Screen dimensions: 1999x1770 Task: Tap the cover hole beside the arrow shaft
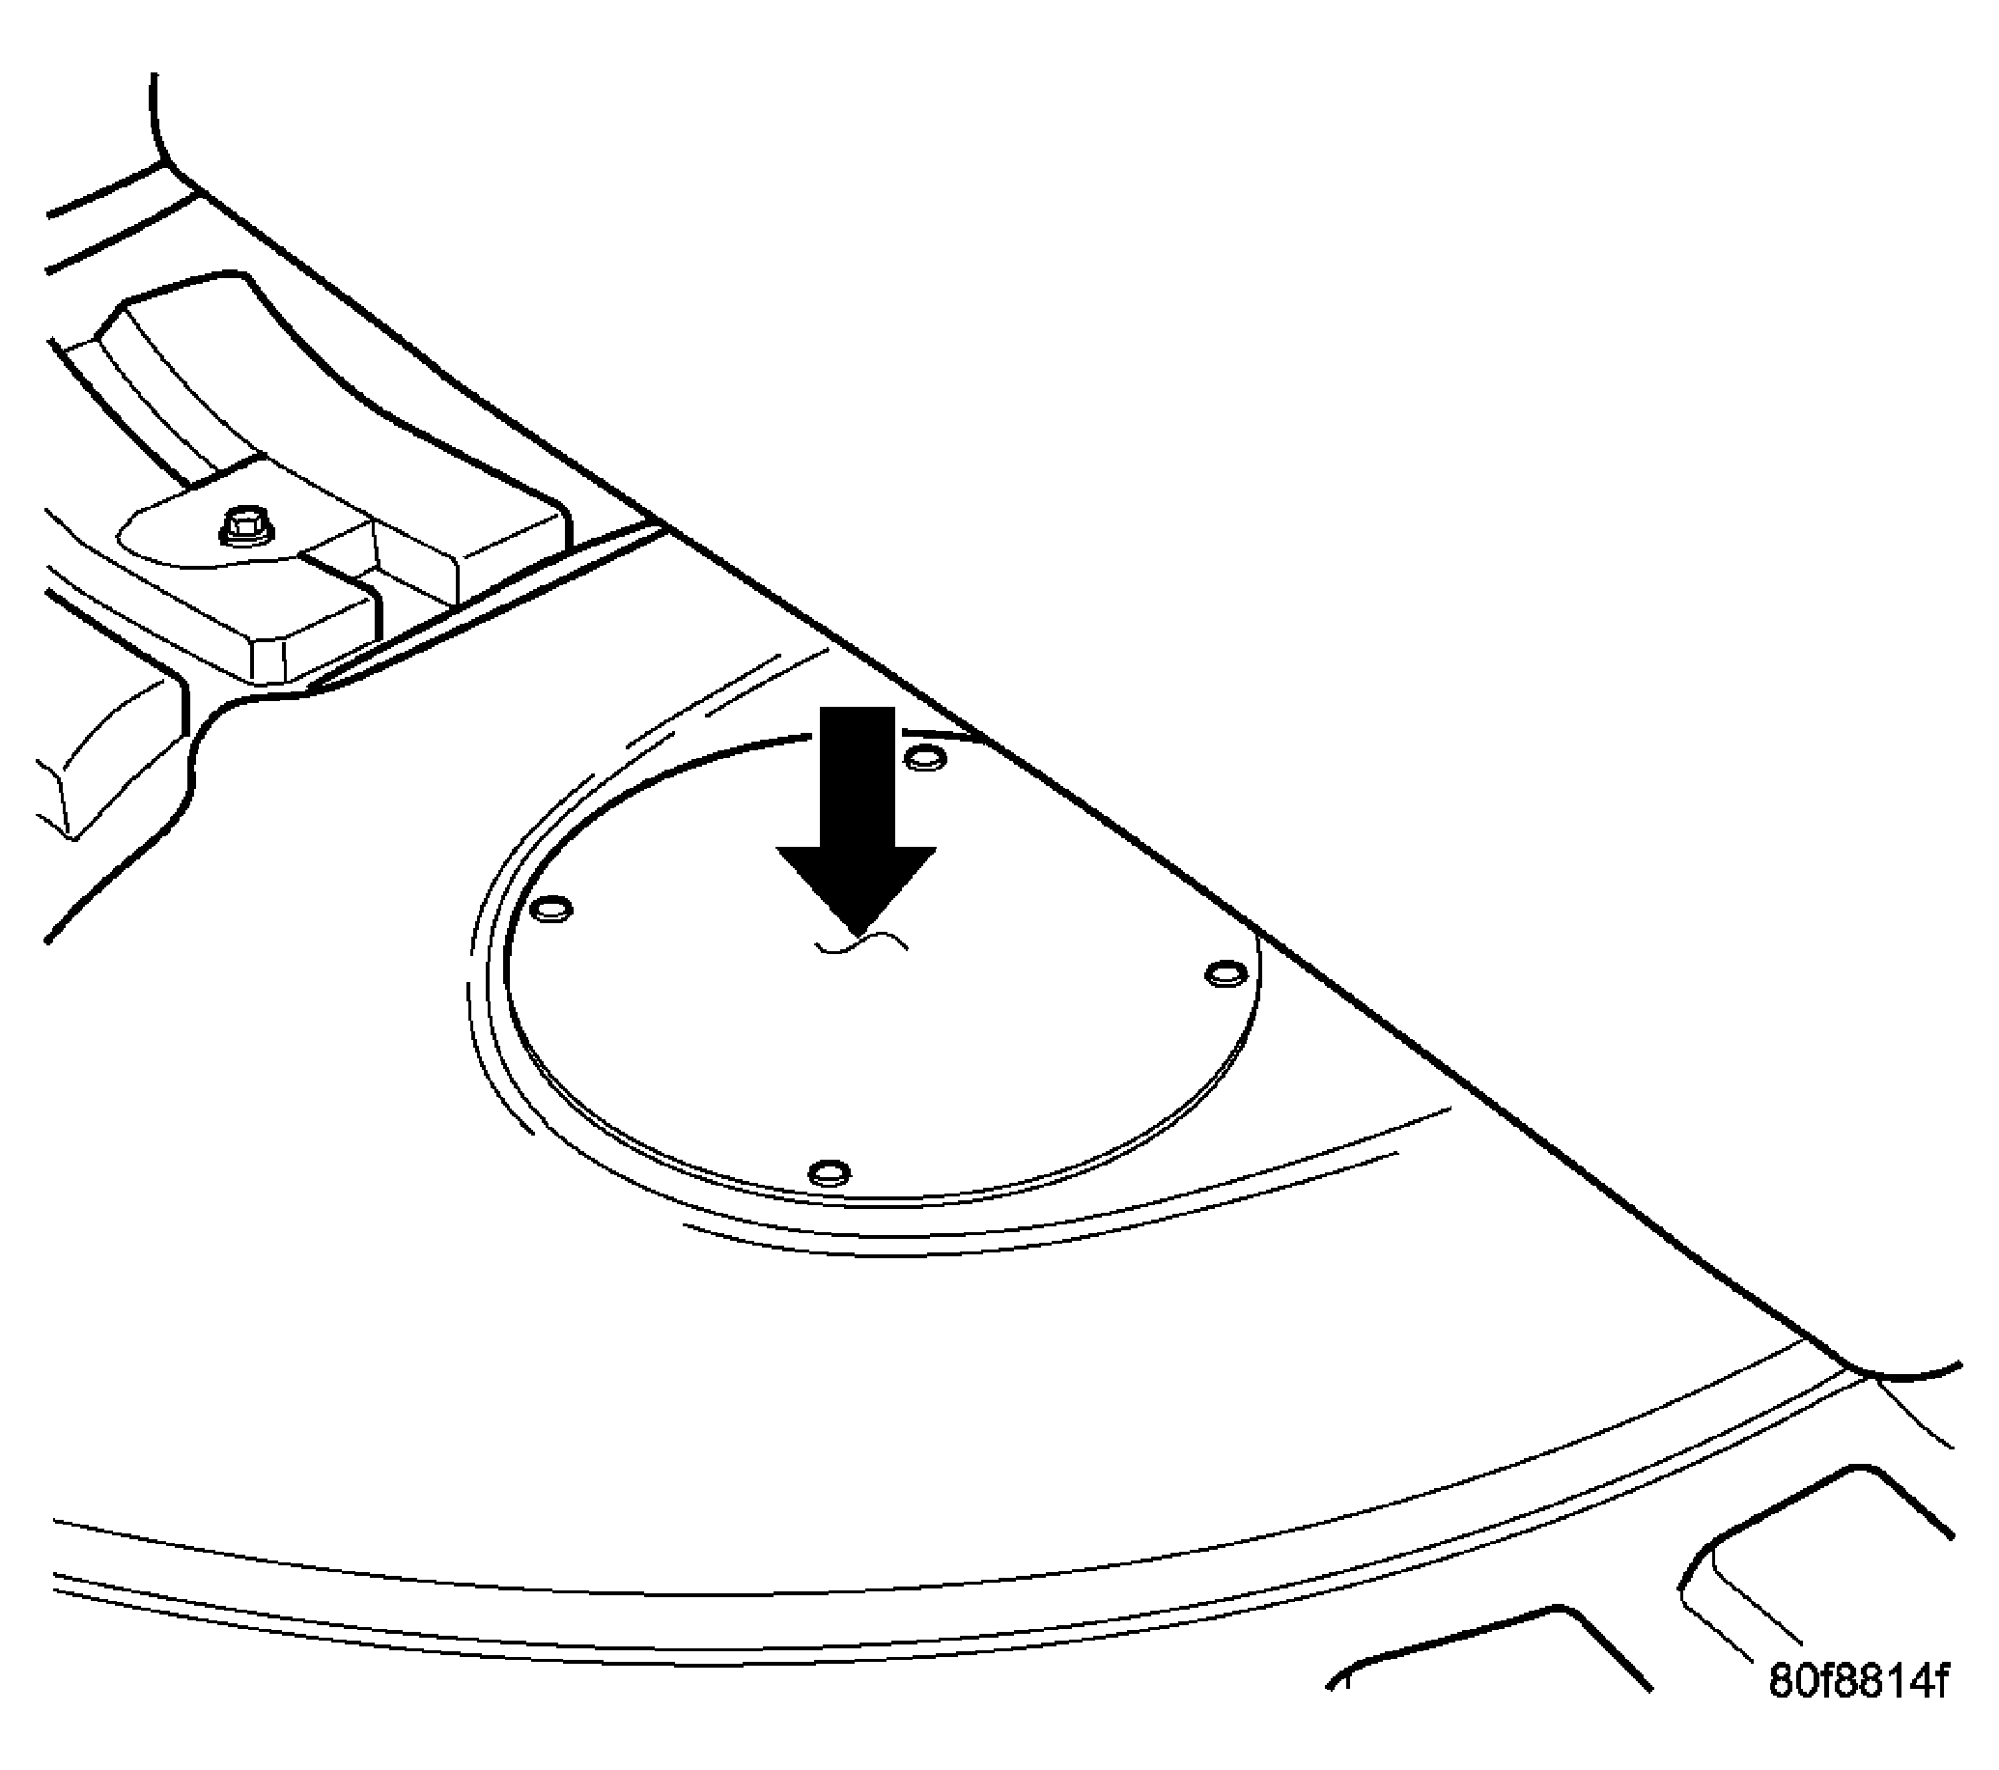coord(924,757)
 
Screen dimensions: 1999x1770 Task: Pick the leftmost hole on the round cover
coord(549,909)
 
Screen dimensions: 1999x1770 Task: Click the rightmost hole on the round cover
coord(1225,973)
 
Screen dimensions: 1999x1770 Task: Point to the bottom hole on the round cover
coord(829,1170)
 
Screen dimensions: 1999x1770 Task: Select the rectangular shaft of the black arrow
coord(857,776)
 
